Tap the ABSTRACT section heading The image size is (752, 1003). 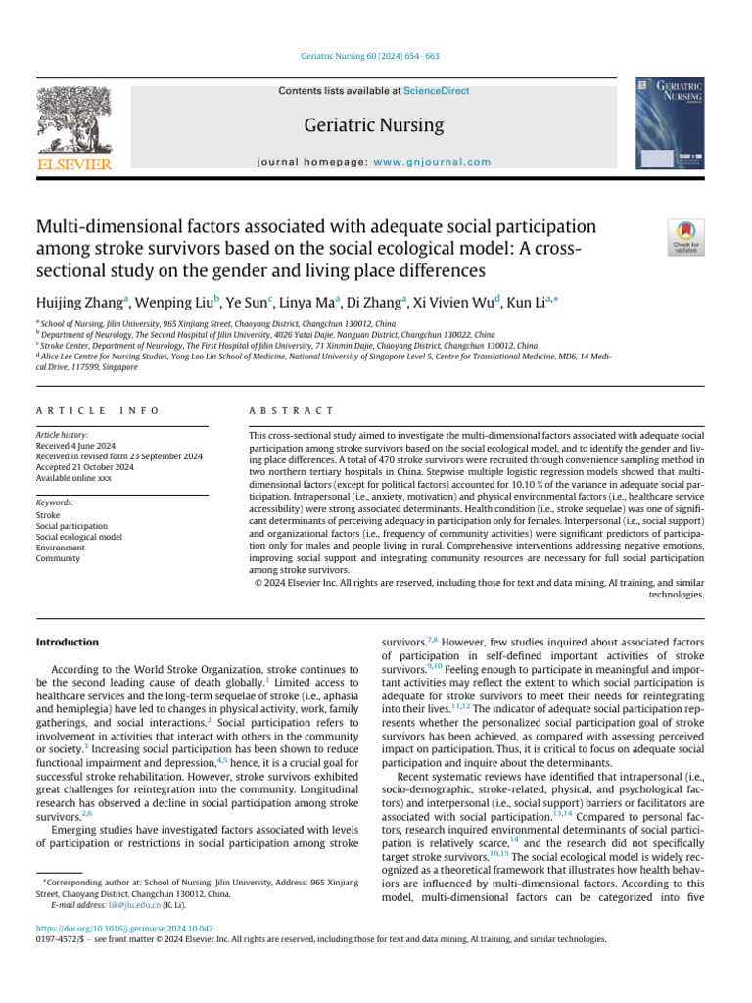coord(292,410)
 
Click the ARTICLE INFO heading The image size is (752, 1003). coord(97,410)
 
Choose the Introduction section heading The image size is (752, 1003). coord(67,642)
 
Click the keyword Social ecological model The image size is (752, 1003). coord(78,537)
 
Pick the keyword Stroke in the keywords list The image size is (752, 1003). coord(48,513)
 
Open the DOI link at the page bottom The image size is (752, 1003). coord(124,926)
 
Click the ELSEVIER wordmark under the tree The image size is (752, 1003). coord(72,164)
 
